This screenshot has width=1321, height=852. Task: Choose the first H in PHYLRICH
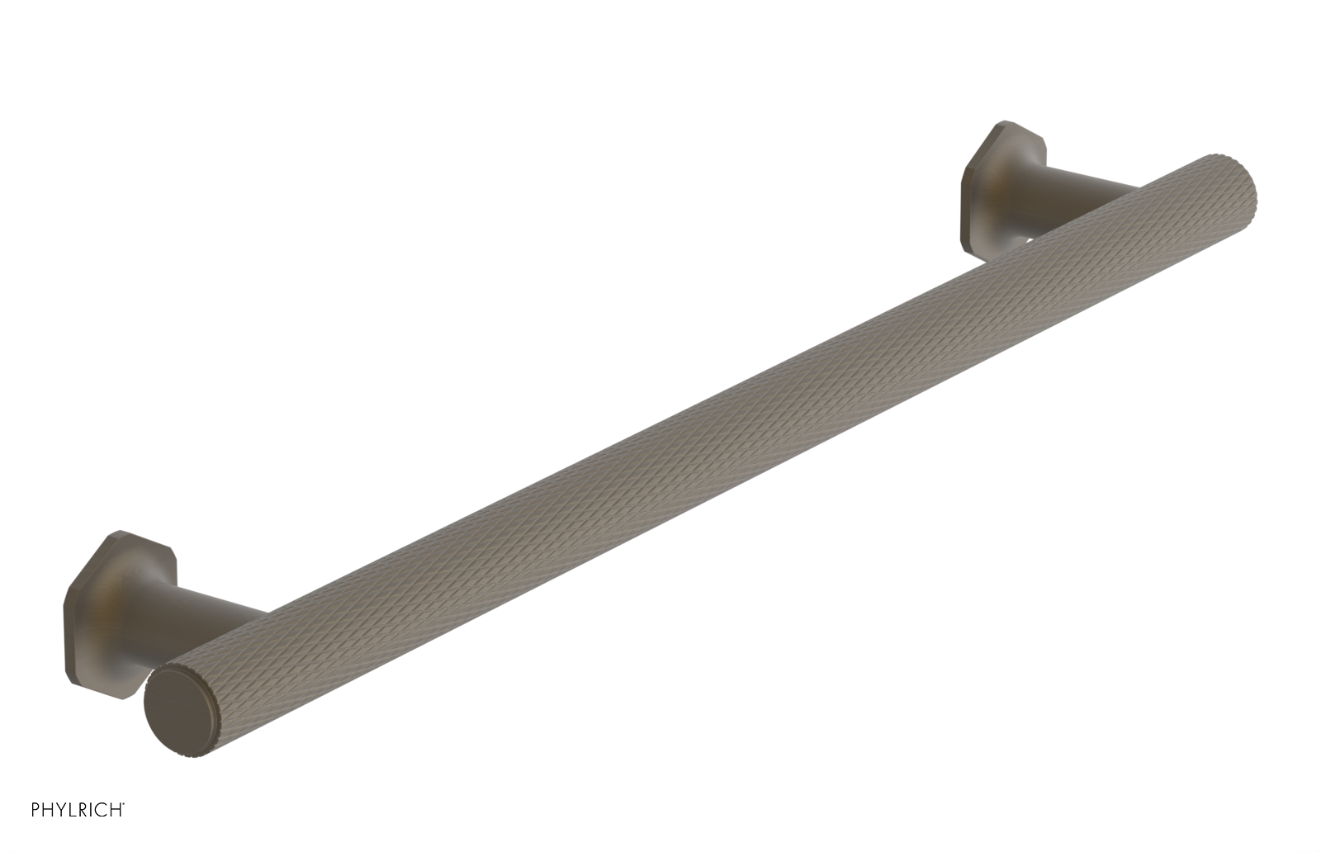(48, 833)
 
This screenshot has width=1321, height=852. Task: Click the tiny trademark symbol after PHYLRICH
(125, 828)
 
